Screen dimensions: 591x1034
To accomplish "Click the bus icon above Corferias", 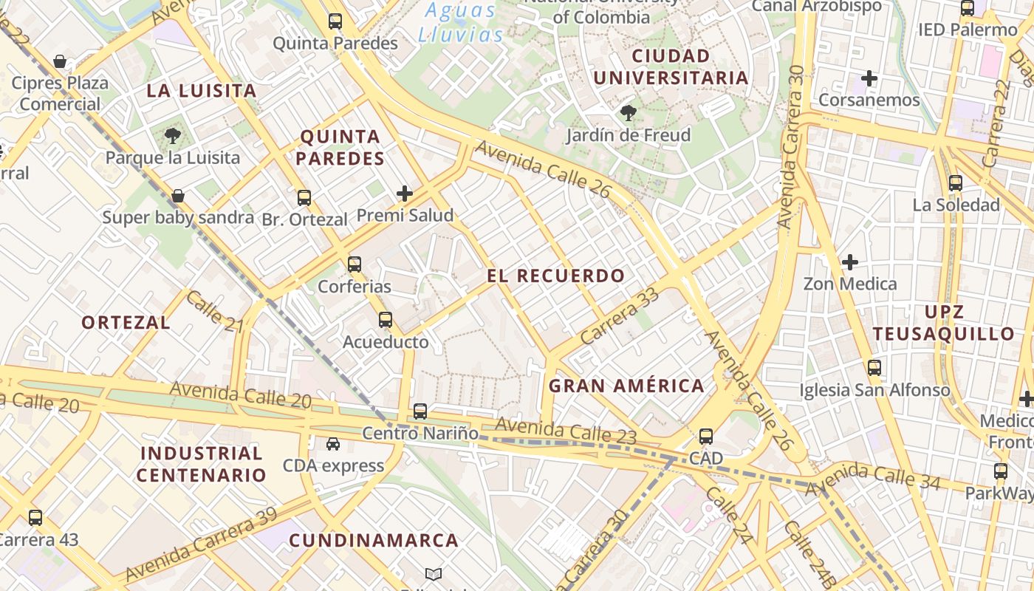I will click(x=355, y=264).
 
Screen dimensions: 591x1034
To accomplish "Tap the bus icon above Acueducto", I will click(x=386, y=320).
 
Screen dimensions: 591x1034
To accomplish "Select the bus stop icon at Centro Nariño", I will click(x=420, y=411).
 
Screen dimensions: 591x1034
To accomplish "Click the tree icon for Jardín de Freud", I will click(x=629, y=113).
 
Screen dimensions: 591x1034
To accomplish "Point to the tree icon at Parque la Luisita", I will click(x=173, y=135).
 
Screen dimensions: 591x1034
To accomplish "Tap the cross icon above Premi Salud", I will click(x=405, y=194).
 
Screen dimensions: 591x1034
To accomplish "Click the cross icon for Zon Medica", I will click(x=850, y=262).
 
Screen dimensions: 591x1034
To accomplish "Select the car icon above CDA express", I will click(x=333, y=443).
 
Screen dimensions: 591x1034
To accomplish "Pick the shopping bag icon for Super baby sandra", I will click(x=178, y=196).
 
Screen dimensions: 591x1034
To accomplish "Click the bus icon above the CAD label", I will click(x=706, y=436).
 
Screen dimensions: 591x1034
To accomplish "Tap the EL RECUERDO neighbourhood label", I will click(x=556, y=276).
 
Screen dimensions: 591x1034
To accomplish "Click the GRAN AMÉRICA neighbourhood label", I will click(x=626, y=386).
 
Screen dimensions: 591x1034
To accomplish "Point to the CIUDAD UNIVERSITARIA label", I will click(x=671, y=66).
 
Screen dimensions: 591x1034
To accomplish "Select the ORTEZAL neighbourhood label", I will click(x=126, y=322).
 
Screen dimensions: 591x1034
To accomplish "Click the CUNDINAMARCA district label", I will click(x=374, y=541).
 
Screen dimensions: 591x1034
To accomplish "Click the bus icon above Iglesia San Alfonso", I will click(x=874, y=367).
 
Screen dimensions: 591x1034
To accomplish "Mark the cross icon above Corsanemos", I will click(x=869, y=78).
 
